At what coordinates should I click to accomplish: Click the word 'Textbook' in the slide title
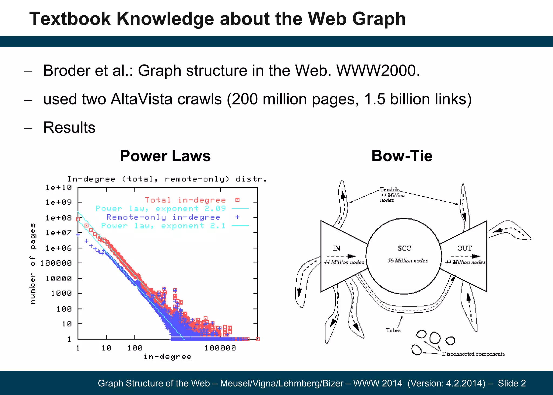point(70,19)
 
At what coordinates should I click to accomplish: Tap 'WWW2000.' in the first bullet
point(378,71)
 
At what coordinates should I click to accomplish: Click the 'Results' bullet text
point(69,127)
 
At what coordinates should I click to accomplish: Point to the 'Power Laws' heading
point(165,156)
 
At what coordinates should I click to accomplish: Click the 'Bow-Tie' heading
point(402,156)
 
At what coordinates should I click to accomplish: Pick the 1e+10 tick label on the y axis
point(59,187)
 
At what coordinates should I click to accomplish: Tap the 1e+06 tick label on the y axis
point(59,248)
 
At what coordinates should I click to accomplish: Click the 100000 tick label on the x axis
point(220,348)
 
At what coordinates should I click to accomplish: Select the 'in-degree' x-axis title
point(167,357)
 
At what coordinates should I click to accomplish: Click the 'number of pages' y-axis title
point(32,263)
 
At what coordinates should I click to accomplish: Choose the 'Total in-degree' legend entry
point(185,200)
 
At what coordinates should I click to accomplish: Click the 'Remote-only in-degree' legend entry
point(163,217)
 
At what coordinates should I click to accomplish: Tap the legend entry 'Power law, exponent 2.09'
point(161,209)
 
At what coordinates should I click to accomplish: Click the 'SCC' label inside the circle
point(404,248)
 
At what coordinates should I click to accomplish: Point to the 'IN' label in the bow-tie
point(336,248)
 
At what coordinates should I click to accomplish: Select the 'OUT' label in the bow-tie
point(464,248)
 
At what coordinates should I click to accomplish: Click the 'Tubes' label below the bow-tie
point(393,330)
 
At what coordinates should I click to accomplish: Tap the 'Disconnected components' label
point(473,354)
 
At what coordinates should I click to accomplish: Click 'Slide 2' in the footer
point(512,383)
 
